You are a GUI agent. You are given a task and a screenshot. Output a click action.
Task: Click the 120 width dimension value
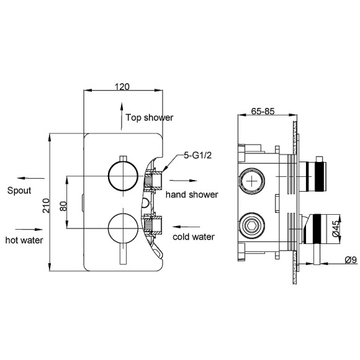tap(122, 88)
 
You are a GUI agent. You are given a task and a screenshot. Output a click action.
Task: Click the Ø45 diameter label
tap(335, 230)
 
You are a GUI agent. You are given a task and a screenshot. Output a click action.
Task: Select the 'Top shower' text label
tap(149, 117)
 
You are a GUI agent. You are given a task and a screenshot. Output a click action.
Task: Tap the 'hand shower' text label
tap(191, 194)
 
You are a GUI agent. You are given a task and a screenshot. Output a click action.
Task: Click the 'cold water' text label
tap(193, 236)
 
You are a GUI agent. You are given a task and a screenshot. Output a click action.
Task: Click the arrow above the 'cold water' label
tap(186, 226)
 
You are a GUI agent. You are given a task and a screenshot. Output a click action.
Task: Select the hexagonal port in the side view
tap(252, 224)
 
